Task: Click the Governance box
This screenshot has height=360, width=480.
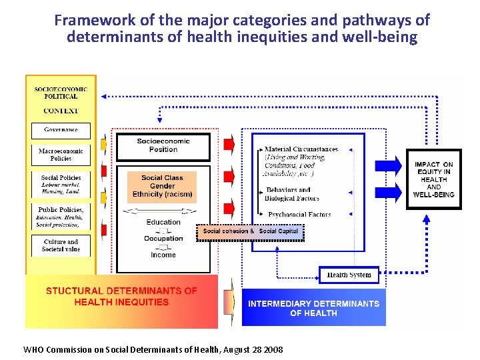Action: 61,130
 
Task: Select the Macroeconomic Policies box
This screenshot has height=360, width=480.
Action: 61,155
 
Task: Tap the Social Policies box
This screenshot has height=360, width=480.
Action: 61,185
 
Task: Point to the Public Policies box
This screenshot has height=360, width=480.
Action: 61,217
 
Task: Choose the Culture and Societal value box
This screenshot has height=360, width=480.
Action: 61,245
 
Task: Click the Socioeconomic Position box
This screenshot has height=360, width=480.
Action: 163,146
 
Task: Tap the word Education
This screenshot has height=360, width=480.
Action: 163,222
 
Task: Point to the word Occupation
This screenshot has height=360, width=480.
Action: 163,238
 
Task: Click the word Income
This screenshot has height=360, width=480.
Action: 163,255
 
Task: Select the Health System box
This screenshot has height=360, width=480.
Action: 349,275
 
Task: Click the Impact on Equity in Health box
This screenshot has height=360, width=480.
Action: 433,179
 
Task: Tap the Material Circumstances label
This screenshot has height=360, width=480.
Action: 301,149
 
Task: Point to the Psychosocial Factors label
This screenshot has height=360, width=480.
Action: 299,215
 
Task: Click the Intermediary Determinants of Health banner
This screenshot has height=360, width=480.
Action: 313,308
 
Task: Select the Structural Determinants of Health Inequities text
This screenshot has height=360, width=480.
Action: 121,297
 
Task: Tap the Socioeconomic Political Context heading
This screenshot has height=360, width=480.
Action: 61,99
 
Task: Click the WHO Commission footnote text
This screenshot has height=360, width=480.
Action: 153,349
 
